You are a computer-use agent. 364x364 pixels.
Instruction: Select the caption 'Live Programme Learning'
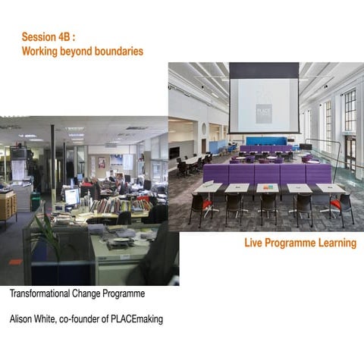[300, 243]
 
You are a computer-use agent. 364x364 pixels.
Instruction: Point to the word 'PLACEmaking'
[137, 319]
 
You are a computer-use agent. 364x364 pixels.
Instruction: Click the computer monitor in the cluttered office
[72, 196]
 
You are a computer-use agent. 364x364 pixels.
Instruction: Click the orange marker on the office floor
[15, 262]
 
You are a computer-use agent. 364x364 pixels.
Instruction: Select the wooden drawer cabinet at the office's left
[8, 206]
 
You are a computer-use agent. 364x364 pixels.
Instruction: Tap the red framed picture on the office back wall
[101, 162]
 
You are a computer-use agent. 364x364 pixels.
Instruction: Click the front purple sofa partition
[265, 174]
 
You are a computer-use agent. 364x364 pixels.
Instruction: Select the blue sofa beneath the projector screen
[265, 141]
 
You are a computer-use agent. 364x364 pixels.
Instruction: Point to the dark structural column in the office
[52, 159]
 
